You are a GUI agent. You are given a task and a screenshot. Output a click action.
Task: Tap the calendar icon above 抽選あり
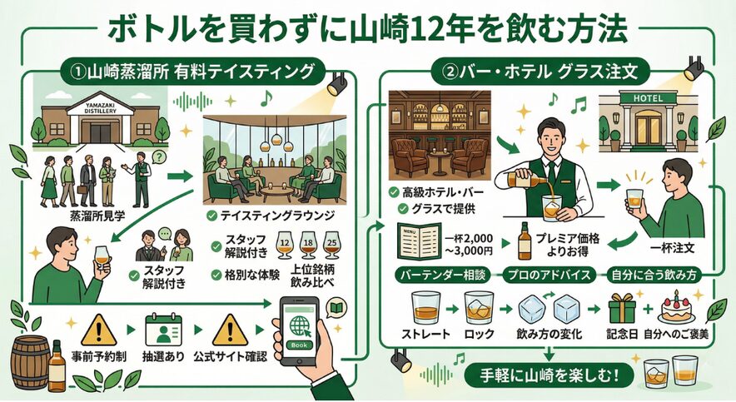[162, 330]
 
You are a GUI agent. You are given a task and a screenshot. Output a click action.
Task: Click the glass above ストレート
[425, 308]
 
